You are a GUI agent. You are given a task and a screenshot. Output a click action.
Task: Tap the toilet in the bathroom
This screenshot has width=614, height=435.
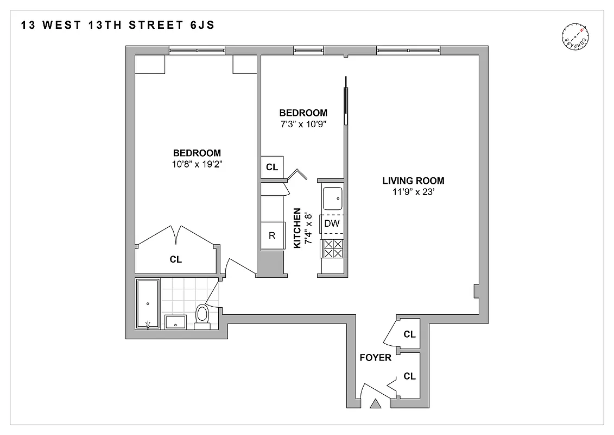[202, 316]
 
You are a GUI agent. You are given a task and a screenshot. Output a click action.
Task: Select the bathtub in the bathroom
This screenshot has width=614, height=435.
[148, 304]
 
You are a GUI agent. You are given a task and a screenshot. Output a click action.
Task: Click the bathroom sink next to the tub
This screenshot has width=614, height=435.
[175, 322]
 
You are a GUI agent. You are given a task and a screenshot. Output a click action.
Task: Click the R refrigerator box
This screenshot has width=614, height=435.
[273, 235]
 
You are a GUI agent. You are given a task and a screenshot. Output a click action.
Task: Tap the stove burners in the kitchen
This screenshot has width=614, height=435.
[332, 248]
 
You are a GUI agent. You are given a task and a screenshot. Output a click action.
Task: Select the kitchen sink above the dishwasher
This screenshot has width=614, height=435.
[332, 198]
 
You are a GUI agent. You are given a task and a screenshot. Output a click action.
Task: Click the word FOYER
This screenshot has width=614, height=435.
[375, 358]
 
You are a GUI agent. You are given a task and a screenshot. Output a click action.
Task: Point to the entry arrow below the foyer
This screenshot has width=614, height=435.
[375, 404]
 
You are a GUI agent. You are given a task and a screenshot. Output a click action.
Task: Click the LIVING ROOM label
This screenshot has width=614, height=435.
[413, 181]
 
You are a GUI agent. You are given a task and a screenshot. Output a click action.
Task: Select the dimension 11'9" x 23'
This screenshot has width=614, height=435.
[413, 191]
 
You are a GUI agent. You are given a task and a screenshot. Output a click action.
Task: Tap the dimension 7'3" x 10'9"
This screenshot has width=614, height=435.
[303, 123]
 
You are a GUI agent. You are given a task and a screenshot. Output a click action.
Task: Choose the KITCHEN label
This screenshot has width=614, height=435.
[297, 228]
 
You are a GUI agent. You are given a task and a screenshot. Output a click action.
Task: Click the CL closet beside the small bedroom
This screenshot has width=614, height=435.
[272, 167]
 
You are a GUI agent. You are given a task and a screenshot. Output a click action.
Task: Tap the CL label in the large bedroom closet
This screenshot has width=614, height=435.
[175, 260]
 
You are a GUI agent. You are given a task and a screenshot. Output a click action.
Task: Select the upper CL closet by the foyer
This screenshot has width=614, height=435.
[409, 334]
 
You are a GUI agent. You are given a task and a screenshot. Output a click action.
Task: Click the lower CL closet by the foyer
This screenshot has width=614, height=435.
[409, 376]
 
